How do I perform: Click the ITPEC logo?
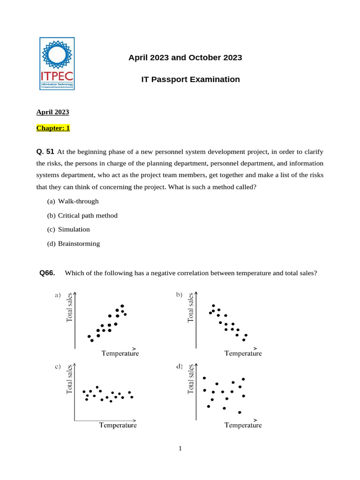pyautogui.click(x=57, y=64)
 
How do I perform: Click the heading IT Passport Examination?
pyautogui.click(x=190, y=80)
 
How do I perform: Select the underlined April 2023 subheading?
pyautogui.click(x=52, y=112)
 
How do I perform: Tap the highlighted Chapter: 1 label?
pyautogui.click(x=53, y=128)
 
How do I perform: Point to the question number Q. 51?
pyautogui.click(x=45, y=151)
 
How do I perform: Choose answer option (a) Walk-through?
pyautogui.click(x=73, y=201)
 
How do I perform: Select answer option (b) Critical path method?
pyautogui.click(x=82, y=215)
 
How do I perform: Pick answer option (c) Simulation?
pyautogui.click(x=68, y=229)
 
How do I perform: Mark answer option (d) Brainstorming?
pyautogui.click(x=73, y=243)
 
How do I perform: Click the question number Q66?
pyautogui.click(x=47, y=272)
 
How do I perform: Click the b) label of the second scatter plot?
pyautogui.click(x=179, y=295)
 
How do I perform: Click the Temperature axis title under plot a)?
pyautogui.click(x=120, y=353)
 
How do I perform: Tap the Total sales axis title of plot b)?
pyautogui.click(x=191, y=307)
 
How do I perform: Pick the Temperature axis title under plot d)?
pyautogui.click(x=243, y=425)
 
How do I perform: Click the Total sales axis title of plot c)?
pyautogui.click(x=70, y=379)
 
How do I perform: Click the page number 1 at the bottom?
pyautogui.click(x=180, y=449)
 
